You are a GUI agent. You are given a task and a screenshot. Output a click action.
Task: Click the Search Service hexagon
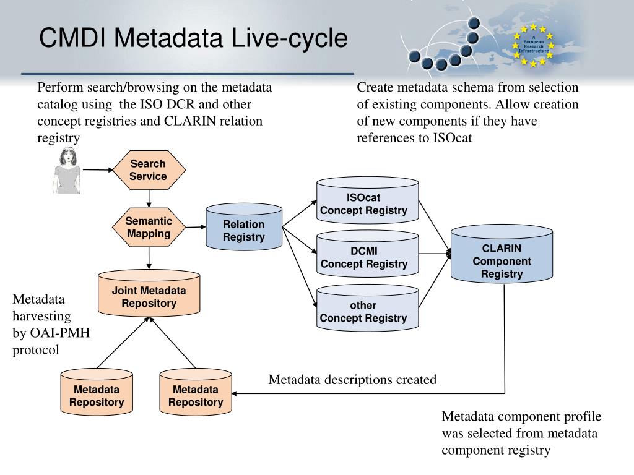(x=149, y=170)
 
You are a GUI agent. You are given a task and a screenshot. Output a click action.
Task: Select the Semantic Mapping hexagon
(x=149, y=228)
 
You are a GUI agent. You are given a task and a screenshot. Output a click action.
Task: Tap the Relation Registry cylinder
(x=244, y=227)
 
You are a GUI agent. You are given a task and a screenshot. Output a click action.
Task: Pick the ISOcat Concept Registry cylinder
(x=367, y=200)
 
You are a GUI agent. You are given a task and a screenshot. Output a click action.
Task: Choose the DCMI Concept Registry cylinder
(x=367, y=254)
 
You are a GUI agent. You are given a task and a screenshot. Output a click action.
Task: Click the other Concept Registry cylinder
(x=367, y=308)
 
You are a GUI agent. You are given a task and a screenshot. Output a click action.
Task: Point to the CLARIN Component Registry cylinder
(x=502, y=254)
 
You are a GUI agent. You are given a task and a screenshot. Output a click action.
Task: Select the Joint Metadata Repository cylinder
(x=149, y=294)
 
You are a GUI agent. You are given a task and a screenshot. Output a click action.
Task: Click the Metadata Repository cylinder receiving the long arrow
(x=196, y=392)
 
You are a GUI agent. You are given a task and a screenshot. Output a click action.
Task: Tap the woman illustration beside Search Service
(x=67, y=171)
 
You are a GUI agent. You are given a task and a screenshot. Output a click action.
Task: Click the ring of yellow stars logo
(x=533, y=45)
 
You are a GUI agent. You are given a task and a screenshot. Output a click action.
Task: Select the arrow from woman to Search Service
(x=98, y=170)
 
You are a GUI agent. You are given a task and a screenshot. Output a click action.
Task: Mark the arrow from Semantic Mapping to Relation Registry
(x=196, y=227)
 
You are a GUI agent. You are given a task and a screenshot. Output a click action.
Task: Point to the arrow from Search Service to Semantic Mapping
(x=149, y=199)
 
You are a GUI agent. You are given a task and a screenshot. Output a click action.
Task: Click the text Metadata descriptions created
(x=352, y=380)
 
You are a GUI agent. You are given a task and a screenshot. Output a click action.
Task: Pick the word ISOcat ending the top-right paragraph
(x=453, y=138)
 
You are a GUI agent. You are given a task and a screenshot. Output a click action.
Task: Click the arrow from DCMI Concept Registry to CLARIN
(x=435, y=254)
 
